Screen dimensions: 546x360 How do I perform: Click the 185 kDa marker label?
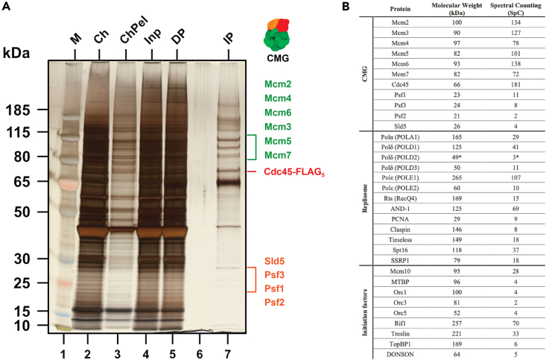pyautogui.click(x=18, y=110)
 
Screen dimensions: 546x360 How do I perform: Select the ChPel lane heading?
pyautogui.click(x=134, y=30)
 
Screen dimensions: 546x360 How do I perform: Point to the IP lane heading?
pyautogui.click(x=228, y=38)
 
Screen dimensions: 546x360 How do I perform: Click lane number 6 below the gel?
pyautogui.click(x=200, y=354)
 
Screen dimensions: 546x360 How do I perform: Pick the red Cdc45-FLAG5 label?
pyautogui.click(x=294, y=172)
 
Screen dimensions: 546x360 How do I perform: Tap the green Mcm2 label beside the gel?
pyautogui.click(x=278, y=84)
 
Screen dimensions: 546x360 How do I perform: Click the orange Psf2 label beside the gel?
pyautogui.click(x=274, y=302)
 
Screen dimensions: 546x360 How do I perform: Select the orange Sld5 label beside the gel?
pyautogui.click(x=274, y=261)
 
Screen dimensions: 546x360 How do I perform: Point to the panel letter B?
pyautogui.click(x=346, y=6)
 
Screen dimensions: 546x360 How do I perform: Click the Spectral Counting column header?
pyautogui.click(x=515, y=9)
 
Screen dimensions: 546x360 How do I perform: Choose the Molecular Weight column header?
pyautogui.click(x=457, y=9)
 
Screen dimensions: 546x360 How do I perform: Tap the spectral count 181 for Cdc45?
pyautogui.click(x=515, y=84)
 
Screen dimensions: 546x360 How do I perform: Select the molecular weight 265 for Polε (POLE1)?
pyautogui.click(x=457, y=177)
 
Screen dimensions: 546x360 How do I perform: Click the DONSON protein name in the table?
pyautogui.click(x=400, y=355)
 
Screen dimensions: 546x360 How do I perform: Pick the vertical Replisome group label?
pyautogui.click(x=364, y=198)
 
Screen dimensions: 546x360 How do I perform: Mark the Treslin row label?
pyautogui.click(x=401, y=333)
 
